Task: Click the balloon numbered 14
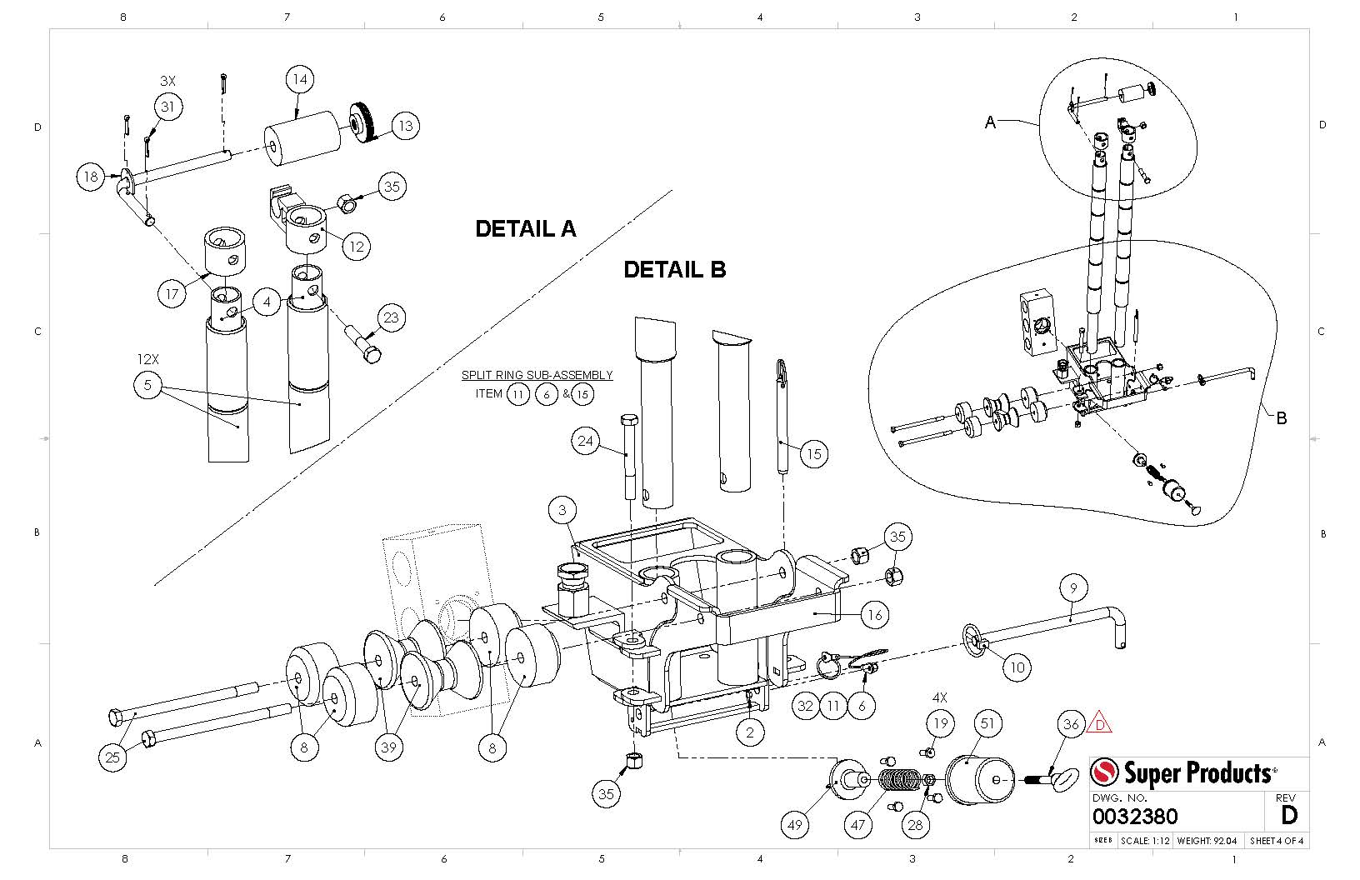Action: pos(300,79)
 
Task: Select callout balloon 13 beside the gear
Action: pos(406,126)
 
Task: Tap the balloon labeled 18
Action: pos(91,177)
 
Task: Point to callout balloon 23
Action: pos(391,317)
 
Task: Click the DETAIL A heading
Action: pos(525,229)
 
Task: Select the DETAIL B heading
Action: pos(674,270)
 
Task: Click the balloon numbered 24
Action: pos(585,441)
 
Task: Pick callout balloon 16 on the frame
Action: pos(875,615)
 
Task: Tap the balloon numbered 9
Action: pos(1073,587)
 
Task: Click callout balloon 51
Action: pos(987,723)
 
